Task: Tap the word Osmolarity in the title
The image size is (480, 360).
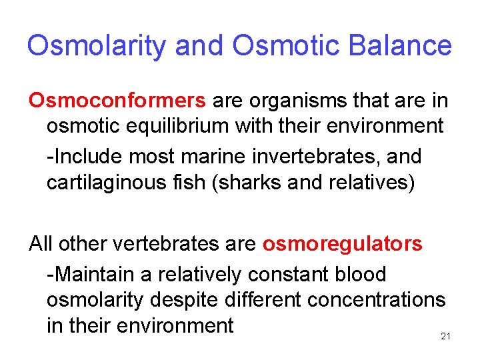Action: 97,45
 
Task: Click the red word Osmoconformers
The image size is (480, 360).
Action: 117,101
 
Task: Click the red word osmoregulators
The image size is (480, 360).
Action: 342,244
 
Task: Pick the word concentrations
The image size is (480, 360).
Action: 376,300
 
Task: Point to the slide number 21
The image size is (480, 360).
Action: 446,337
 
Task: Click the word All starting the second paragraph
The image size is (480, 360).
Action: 41,244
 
